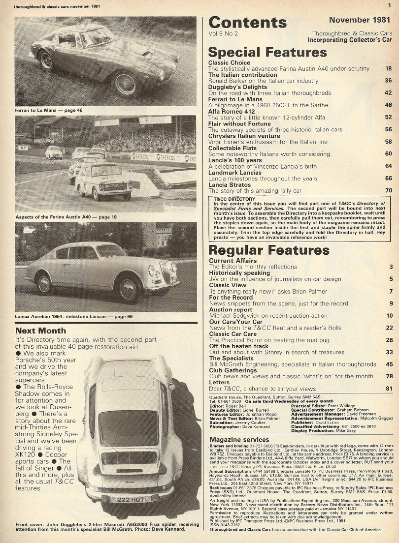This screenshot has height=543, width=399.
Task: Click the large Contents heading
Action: pyautogui.click(x=247, y=23)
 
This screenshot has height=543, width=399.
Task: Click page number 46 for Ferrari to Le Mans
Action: pyautogui.click(x=388, y=105)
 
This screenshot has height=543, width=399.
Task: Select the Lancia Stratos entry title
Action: pyautogui.click(x=233, y=184)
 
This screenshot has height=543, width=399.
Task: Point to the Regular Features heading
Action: pyautogui.click(x=268, y=250)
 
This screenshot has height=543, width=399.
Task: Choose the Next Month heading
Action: pyautogui.click(x=39, y=331)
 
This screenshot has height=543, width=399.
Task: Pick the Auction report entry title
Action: pyautogui.click(x=231, y=310)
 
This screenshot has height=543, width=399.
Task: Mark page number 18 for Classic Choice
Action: pyautogui.click(x=388, y=69)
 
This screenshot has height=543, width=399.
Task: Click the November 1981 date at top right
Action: pyautogui.click(x=356, y=20)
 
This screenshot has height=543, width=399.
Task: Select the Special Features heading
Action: pyautogui.click(x=267, y=52)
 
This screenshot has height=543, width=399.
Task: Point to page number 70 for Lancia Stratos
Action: pyautogui.click(x=388, y=190)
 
